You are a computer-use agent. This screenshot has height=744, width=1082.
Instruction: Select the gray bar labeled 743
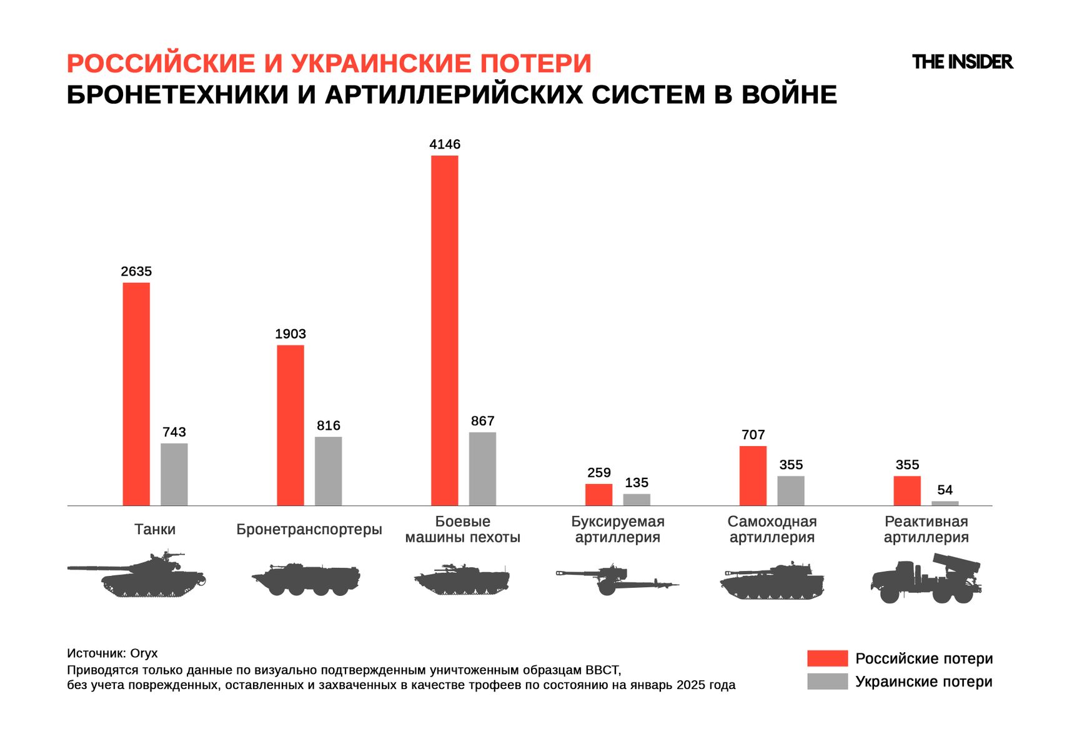click(174, 474)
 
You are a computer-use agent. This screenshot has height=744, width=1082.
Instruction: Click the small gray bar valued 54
click(945, 503)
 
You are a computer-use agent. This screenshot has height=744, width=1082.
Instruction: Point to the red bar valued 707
click(753, 475)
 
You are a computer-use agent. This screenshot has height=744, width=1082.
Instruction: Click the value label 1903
click(290, 334)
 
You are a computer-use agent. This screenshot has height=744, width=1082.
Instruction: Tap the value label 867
click(482, 421)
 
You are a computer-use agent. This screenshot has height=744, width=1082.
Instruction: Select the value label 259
click(598, 473)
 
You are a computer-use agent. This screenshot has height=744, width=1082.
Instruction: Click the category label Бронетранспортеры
click(309, 529)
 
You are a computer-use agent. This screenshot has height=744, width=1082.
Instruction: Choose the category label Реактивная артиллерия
click(926, 529)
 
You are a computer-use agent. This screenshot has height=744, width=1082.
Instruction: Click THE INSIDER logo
click(962, 62)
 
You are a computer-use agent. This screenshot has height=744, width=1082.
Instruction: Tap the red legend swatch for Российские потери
click(826, 658)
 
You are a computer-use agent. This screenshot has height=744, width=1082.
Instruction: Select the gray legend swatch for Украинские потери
click(826, 682)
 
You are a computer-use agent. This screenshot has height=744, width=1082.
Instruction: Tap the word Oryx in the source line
click(144, 653)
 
